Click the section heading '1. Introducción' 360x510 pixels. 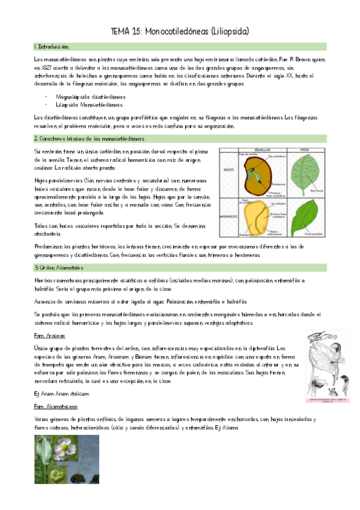[52, 46]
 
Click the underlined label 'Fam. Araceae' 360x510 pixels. [49, 336]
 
